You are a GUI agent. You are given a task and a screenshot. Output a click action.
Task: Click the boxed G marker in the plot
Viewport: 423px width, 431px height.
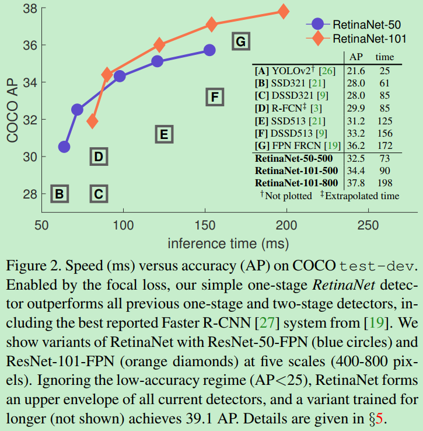pyautogui.click(x=240, y=41)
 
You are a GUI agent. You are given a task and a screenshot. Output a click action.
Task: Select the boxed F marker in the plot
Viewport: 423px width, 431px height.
pyautogui.click(x=215, y=96)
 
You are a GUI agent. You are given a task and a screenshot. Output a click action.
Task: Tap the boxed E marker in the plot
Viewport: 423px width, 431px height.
pyautogui.click(x=164, y=134)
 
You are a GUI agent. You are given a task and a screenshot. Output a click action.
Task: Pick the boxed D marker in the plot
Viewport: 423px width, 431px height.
pyautogui.click(x=99, y=156)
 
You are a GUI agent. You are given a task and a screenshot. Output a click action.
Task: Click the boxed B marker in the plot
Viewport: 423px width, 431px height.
pyautogui.click(x=60, y=193)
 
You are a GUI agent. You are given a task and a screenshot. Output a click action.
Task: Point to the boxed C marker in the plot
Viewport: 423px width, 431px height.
pyautogui.click(x=99, y=193)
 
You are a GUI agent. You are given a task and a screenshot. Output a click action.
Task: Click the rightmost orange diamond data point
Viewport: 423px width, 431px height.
pyautogui.click(x=284, y=11)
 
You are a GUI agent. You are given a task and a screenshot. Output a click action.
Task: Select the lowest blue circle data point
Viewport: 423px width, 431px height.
pyautogui.click(x=64, y=147)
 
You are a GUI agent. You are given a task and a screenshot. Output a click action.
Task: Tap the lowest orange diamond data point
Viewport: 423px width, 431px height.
pyautogui.click(x=92, y=121)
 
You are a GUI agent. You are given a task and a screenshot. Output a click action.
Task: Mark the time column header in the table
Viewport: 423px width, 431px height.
pyautogui.click(x=384, y=57)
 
